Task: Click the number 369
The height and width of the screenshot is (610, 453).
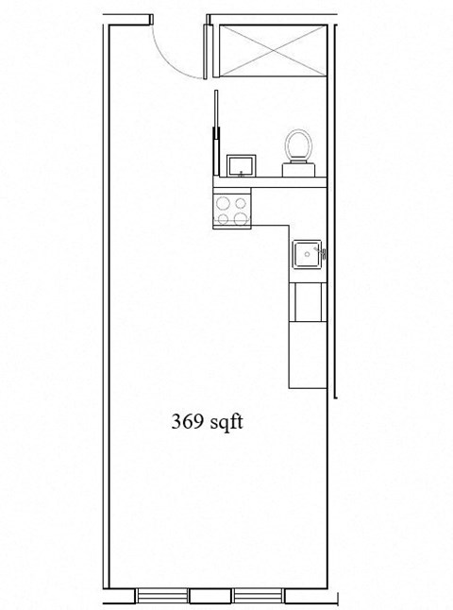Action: (x=186, y=422)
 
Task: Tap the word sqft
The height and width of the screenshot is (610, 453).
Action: (x=226, y=422)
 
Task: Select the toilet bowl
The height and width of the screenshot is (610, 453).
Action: (x=298, y=145)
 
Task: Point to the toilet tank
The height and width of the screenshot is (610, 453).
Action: (x=298, y=167)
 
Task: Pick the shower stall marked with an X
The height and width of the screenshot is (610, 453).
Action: (x=271, y=51)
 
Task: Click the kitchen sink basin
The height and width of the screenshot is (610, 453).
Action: (x=306, y=254)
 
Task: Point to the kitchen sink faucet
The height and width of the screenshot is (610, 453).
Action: (x=323, y=253)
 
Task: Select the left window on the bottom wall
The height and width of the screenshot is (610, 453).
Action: (x=163, y=596)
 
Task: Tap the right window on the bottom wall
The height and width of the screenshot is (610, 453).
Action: (x=259, y=596)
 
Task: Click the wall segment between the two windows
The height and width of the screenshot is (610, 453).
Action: (x=211, y=596)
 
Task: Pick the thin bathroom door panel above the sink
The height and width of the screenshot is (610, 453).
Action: (x=216, y=132)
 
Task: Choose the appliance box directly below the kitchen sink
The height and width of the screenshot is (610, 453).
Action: (x=307, y=301)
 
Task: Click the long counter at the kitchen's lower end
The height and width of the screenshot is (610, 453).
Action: (x=307, y=354)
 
